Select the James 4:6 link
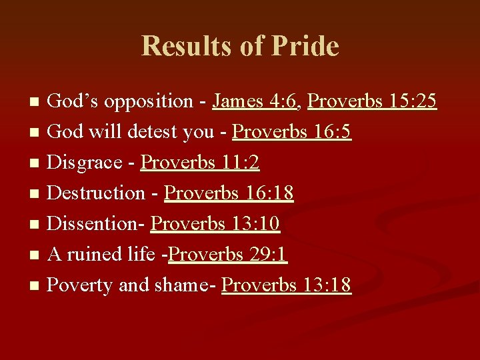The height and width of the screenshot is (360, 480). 257,101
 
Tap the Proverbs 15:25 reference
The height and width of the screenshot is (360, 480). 372,101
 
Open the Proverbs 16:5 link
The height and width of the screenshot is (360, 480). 291,132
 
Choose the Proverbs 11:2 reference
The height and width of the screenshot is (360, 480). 200,163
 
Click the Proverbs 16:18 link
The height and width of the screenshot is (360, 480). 229,193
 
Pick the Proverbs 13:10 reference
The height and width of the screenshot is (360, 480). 215,224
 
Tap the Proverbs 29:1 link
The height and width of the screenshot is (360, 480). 228,255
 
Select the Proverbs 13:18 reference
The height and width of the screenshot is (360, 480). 286,285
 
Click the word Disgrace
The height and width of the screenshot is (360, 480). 85,163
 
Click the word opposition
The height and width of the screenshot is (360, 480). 148,101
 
